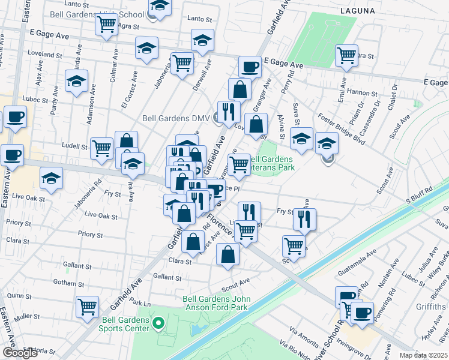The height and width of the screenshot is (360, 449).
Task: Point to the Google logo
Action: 20,353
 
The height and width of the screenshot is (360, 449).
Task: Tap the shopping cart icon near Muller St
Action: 88,307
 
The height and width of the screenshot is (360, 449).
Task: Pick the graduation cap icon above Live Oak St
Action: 52,178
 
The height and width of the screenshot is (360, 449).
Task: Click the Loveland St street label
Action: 41,54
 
